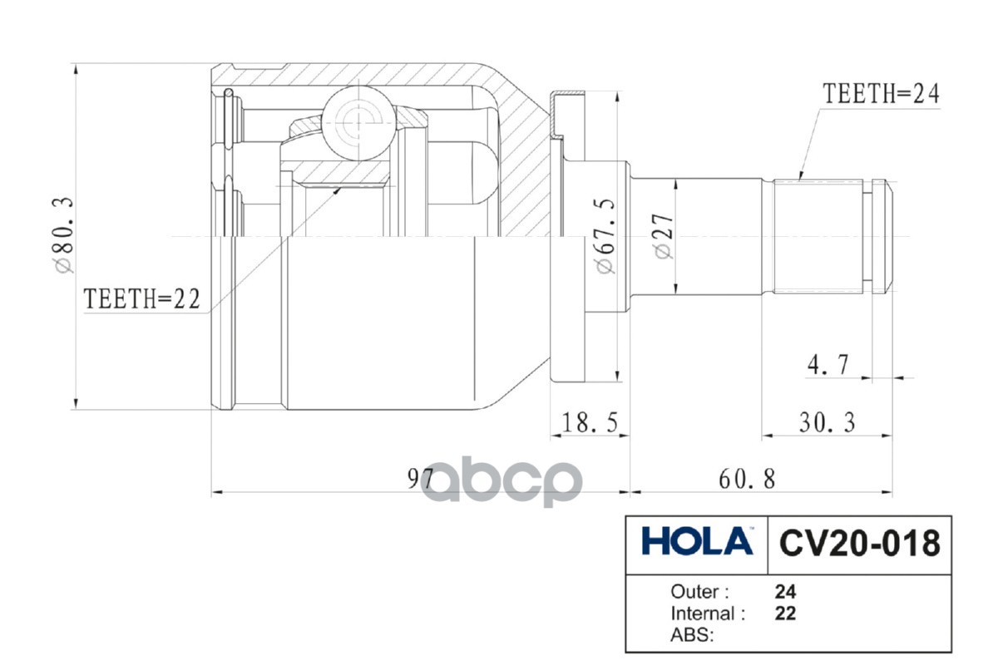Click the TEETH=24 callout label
pyautogui.click(x=881, y=93)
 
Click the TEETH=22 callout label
pyautogui.click(x=142, y=299)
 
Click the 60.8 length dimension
pyautogui.click(x=744, y=480)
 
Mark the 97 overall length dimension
pyautogui.click(x=422, y=480)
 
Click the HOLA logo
pyautogui.click(x=696, y=543)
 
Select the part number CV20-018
pyautogui.click(x=859, y=544)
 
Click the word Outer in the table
pyautogui.click(x=699, y=592)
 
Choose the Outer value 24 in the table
pyautogui.click(x=785, y=592)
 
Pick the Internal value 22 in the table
pyautogui.click(x=785, y=613)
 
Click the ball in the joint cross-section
pyautogui.click(x=356, y=119)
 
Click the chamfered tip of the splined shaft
pyautogui.click(x=887, y=237)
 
